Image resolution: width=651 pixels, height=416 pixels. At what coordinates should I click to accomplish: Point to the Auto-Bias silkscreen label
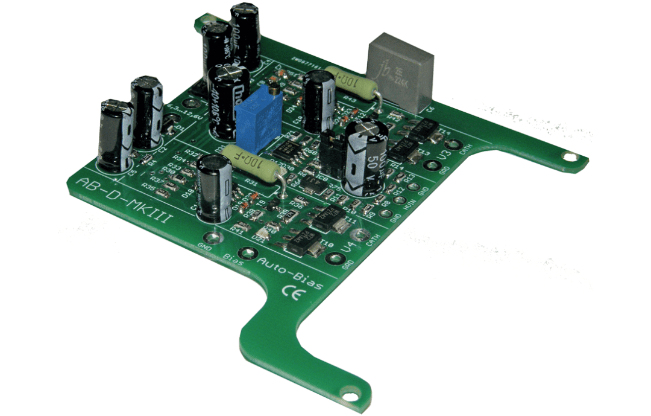(x=290, y=273)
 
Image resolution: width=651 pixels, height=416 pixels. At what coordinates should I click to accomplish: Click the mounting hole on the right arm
(x=568, y=158)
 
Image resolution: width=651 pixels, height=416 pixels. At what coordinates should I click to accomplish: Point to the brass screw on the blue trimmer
(x=274, y=91)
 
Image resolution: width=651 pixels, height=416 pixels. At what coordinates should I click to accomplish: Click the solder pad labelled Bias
(x=245, y=254)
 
